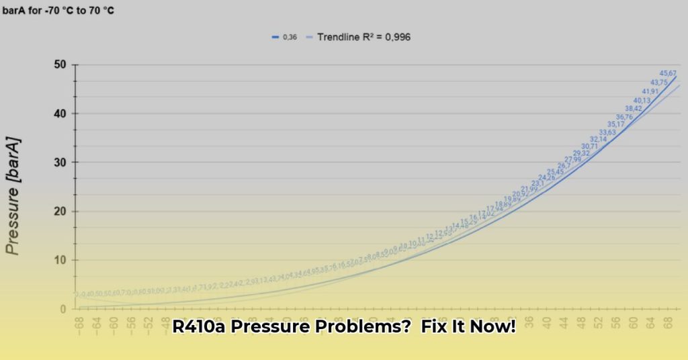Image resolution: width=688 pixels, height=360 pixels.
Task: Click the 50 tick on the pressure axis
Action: [60, 64]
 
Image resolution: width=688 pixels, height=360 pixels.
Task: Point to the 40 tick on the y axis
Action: [60, 114]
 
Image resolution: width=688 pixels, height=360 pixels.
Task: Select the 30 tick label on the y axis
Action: [60, 163]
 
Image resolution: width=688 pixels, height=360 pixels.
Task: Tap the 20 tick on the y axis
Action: [60, 212]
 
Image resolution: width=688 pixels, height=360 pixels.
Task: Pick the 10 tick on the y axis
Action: [60, 261]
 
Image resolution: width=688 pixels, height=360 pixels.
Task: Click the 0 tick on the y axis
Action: [63, 310]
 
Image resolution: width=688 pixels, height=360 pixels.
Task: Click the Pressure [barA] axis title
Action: [13, 196]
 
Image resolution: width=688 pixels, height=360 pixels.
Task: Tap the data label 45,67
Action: [668, 73]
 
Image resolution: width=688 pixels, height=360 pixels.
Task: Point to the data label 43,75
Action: [659, 83]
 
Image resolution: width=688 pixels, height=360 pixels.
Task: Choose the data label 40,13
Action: [642, 100]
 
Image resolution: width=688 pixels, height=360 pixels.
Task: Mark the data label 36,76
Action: [624, 116]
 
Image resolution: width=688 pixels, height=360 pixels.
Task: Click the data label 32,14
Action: [598, 139]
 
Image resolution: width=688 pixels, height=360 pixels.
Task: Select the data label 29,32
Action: [581, 153]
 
